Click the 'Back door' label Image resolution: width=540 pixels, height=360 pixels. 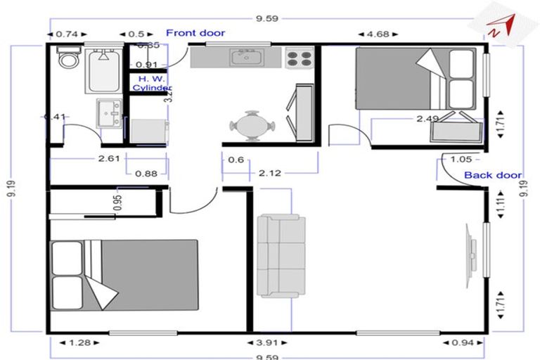click(492, 175)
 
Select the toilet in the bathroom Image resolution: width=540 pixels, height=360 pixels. click(69, 59)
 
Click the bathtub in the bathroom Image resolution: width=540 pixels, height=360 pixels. click(105, 67)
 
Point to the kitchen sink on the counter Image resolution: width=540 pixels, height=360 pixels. click(247, 56)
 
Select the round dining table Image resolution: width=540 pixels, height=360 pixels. click(251, 127)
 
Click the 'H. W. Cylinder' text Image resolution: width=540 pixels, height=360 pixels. click(152, 83)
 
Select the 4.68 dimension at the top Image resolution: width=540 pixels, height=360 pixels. click(378, 33)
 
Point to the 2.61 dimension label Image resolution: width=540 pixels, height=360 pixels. click(108, 159)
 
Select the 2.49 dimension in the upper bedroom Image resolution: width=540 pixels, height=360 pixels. click(427, 119)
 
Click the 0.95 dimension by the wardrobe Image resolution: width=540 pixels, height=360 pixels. click(118, 202)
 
